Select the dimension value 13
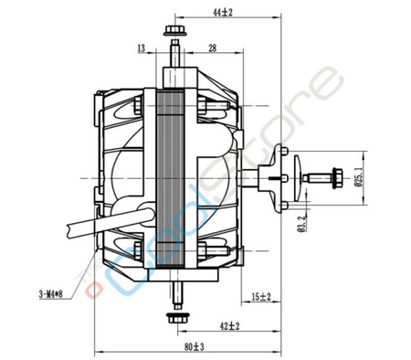point(141,48)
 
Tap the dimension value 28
point(211,48)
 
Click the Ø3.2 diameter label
point(299,221)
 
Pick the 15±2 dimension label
point(260,295)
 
